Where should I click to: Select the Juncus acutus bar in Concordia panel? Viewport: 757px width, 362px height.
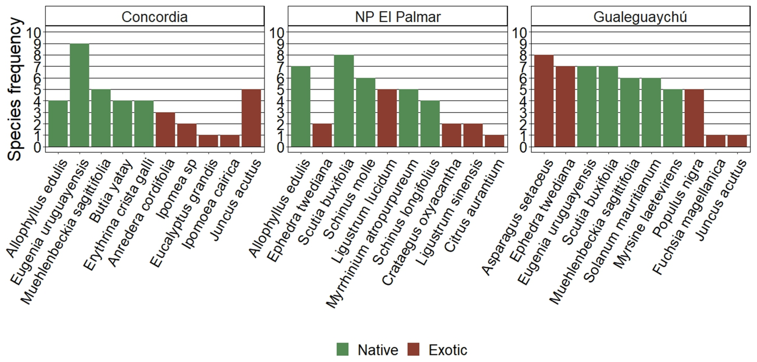pos(251,118)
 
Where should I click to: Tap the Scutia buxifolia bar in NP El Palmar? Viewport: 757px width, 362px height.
pos(344,101)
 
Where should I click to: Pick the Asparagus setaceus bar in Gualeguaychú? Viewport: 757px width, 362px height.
pos(544,101)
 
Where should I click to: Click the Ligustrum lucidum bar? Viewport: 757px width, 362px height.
pos(387,118)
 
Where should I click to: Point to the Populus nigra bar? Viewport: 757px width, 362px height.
pos(694,118)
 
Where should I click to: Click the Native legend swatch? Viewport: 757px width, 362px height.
pos(342,349)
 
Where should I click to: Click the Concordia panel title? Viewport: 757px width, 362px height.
pos(155,17)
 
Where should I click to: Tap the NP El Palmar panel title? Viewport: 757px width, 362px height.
pos(398,17)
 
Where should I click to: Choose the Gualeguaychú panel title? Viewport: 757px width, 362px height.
pos(640,17)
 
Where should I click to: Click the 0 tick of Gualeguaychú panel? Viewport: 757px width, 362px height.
pos(523,147)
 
